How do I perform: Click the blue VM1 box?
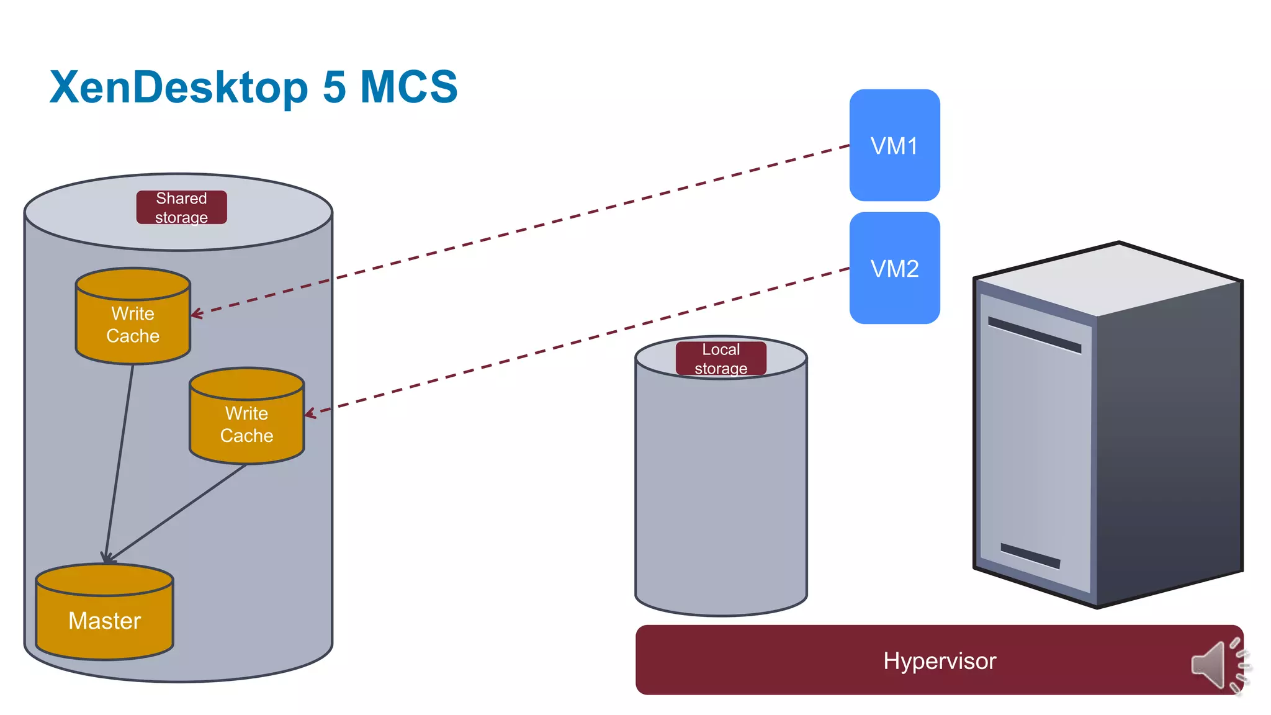coord(894,145)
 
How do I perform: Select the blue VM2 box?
coord(894,268)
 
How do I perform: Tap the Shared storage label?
coord(181,207)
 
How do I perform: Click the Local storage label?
coord(721,359)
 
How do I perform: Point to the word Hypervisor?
coord(939,660)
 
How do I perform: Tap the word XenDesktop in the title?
coord(179,87)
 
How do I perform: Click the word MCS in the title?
coord(408,87)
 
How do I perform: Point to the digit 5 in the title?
coord(334,87)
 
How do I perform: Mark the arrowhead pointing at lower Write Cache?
coord(309,413)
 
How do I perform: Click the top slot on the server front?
coord(1034,335)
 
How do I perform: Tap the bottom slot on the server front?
coord(1030,556)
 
